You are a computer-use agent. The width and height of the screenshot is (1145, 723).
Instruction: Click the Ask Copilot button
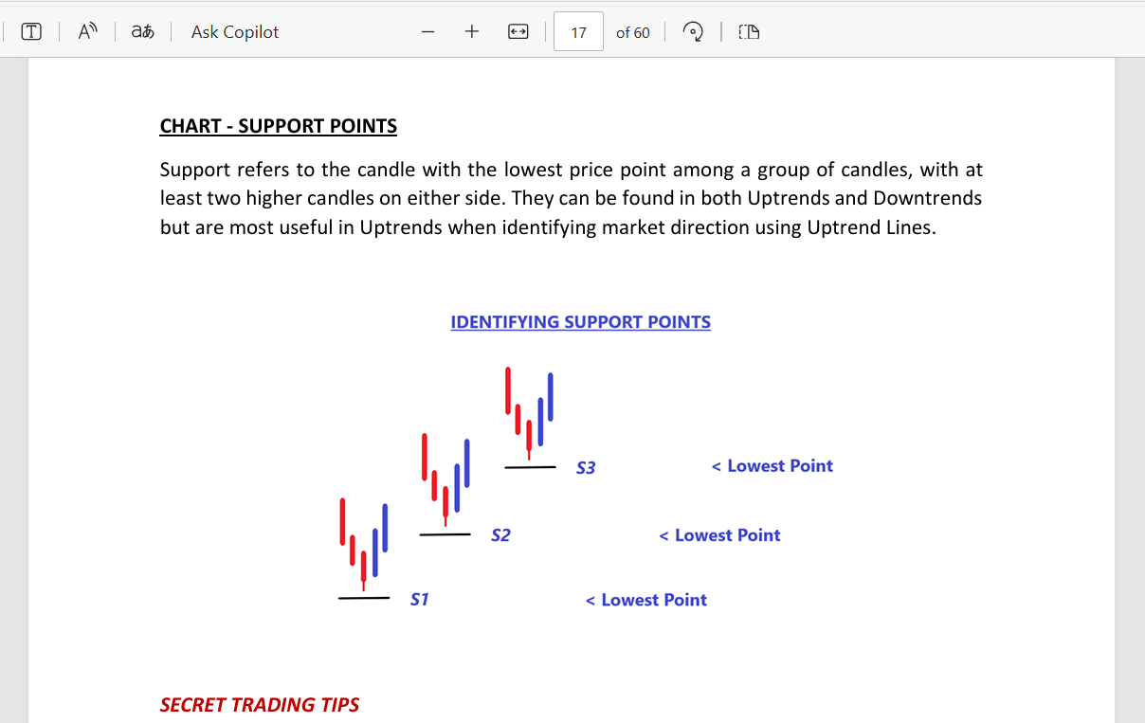point(235,32)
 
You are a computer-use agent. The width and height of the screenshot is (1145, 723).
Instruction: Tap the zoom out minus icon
point(427,32)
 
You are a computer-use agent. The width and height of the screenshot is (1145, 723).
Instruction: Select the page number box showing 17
point(578,32)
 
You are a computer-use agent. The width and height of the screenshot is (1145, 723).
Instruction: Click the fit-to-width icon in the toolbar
point(518,32)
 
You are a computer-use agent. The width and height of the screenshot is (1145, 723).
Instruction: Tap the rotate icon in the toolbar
point(693,32)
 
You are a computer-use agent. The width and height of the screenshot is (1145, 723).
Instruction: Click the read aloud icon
point(87,31)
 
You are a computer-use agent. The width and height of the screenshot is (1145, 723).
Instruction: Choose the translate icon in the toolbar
point(142,31)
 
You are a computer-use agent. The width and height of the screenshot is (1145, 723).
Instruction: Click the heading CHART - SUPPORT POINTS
point(278,126)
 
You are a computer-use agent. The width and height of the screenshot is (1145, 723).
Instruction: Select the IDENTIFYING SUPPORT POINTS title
point(580,322)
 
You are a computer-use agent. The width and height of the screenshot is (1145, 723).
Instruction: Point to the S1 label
point(420,600)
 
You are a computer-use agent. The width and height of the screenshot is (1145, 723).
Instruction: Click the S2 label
point(500,535)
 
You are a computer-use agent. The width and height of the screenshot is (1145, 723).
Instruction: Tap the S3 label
point(586,467)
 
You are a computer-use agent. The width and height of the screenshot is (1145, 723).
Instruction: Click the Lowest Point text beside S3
point(780,465)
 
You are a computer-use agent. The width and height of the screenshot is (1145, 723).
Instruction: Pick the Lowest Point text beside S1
point(654,600)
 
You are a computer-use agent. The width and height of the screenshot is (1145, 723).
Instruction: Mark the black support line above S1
point(364,597)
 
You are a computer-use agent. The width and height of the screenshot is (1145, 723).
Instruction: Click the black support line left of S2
point(445,534)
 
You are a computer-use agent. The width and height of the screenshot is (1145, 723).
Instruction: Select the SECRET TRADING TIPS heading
point(259,705)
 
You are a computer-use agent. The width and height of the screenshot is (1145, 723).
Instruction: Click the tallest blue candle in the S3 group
point(551,397)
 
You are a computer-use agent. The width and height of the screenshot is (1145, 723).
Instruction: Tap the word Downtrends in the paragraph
point(927,198)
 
